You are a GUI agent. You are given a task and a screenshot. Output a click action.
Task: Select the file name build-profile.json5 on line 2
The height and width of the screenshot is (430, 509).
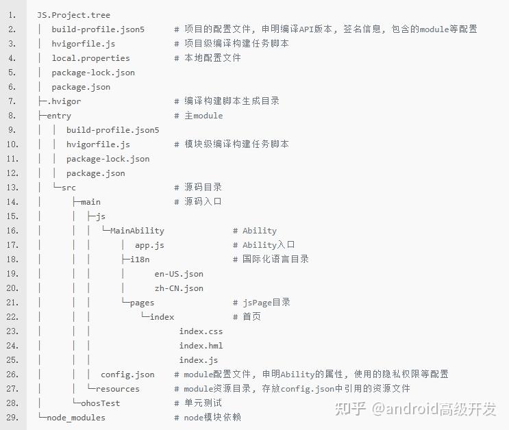[98, 29]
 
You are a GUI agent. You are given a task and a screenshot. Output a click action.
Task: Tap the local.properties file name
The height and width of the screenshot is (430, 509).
[90, 58]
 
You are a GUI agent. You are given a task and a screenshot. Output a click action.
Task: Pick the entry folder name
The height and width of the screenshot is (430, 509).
[59, 116]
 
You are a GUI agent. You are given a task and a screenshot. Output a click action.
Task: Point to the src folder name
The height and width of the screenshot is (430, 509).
[69, 188]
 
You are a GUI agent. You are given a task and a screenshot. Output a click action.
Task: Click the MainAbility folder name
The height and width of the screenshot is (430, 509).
[137, 231]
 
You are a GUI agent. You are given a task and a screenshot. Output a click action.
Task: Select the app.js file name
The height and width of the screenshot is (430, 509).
[149, 245]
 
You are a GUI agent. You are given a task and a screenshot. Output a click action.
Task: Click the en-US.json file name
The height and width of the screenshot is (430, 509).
[179, 274]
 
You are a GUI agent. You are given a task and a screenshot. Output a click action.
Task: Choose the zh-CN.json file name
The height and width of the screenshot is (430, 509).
[179, 288]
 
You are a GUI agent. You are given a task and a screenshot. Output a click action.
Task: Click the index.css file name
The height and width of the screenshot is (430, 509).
[201, 331]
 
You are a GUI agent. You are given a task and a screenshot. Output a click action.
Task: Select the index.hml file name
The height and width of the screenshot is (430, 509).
[201, 346]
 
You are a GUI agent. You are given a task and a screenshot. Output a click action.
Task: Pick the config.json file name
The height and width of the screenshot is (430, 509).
[127, 375]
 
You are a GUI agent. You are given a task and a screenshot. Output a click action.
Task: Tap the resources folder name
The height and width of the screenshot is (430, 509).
[118, 389]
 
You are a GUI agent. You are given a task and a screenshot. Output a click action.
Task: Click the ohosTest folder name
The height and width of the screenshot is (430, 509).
[100, 403]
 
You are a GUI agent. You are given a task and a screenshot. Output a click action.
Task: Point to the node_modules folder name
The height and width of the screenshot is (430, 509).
[76, 418]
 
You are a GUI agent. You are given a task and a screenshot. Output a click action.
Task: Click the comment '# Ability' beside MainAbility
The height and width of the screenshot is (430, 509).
[254, 231]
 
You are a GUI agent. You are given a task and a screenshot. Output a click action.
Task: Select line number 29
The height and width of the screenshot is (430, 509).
[12, 418]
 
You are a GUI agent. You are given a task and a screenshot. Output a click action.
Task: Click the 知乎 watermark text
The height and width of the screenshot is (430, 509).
[350, 409]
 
